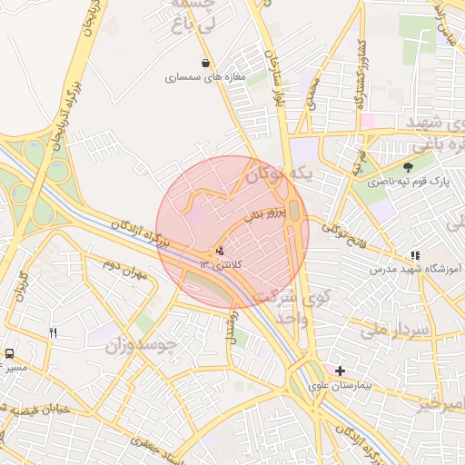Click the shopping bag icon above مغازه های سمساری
click(x=208, y=64)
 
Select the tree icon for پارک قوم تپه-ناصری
click(x=408, y=166)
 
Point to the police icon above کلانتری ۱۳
click(x=219, y=251)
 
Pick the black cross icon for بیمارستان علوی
click(x=340, y=371)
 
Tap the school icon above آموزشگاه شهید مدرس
click(x=415, y=256)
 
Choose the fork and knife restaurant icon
click(x=54, y=333)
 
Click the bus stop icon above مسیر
click(x=9, y=353)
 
